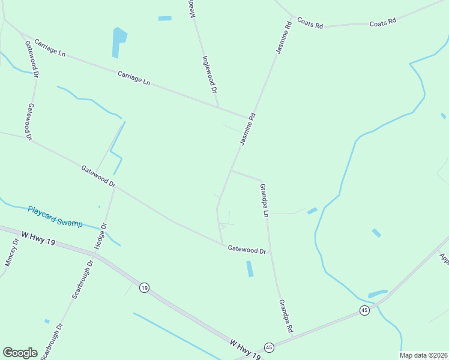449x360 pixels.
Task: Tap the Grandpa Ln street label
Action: pos(263,200)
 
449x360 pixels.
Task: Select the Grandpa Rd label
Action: pos(285,316)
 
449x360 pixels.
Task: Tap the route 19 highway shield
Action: pos(144,288)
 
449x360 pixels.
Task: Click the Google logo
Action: pos(20,353)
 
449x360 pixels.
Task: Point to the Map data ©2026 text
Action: pos(424,355)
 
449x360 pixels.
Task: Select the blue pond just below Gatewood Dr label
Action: pos(250,268)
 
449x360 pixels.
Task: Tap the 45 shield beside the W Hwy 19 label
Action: pos(269,347)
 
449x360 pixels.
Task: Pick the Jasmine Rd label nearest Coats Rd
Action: pos(283,37)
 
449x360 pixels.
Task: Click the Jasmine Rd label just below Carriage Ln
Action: pos(247,129)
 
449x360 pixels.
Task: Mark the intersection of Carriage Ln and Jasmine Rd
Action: pos(247,116)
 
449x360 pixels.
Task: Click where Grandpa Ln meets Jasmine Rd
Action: pos(231,171)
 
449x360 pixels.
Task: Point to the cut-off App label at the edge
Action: pos(444,259)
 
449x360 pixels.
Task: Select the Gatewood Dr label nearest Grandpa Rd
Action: pos(247,250)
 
